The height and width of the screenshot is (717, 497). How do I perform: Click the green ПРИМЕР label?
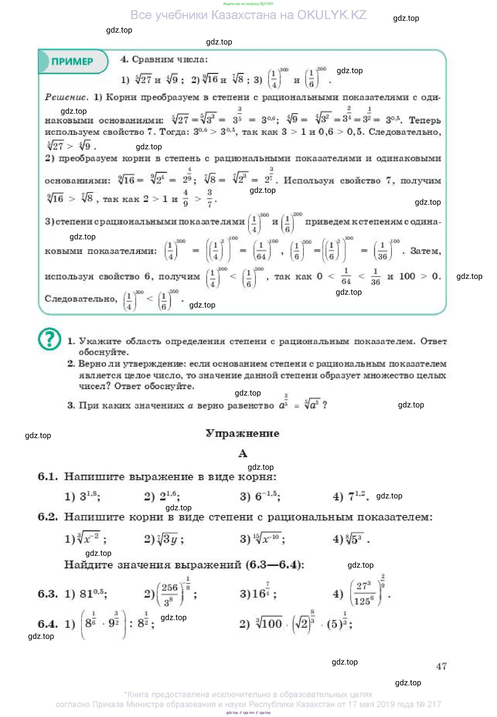coord(72,61)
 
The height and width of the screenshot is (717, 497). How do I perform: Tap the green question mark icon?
coord(49,339)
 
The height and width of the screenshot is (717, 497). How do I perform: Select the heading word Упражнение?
coord(242,433)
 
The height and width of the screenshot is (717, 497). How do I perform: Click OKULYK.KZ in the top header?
coord(332,15)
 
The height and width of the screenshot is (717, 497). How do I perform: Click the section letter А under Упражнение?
coord(243,453)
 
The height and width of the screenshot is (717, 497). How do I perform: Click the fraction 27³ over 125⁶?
coord(363,594)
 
